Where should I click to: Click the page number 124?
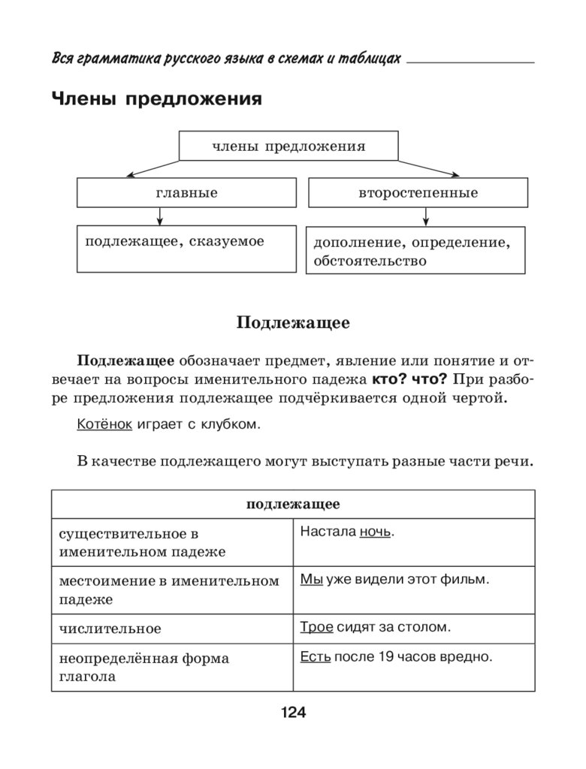tap(293, 713)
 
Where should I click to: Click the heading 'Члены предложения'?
tap(156, 99)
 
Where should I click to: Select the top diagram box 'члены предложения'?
tap(288, 146)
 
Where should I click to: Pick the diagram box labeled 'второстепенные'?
tap(418, 193)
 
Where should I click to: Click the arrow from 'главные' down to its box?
tap(159, 216)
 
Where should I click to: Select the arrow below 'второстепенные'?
tap(426, 216)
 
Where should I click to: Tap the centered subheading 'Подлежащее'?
tap(293, 323)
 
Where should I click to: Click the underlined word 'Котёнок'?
tap(104, 424)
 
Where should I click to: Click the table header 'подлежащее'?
tap(293, 504)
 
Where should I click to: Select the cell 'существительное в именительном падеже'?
tap(171, 542)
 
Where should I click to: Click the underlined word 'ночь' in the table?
tap(376, 532)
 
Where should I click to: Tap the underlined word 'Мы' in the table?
tap(311, 579)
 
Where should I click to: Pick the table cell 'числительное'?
tap(171, 628)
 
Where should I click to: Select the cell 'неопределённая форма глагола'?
tap(171, 667)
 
